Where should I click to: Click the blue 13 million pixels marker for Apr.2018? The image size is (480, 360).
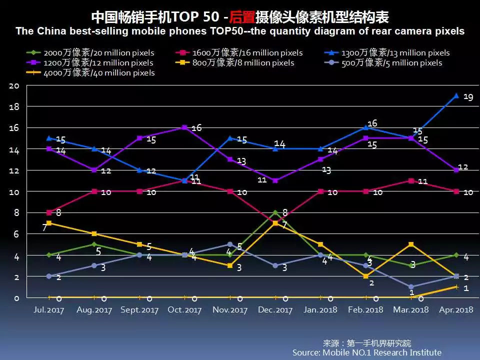point(456,95)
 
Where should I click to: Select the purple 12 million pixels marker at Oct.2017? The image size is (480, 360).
point(184,127)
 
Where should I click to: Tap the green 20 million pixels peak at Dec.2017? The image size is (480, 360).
point(275,212)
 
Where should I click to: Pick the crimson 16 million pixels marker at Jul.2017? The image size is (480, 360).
point(48,212)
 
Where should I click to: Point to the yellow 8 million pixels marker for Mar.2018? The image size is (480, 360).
point(411,244)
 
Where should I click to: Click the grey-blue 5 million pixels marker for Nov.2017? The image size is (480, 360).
point(230,244)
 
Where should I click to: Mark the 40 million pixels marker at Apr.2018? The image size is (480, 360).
point(456,286)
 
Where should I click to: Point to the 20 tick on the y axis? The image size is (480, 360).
point(14,85)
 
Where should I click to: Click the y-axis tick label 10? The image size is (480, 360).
point(14,192)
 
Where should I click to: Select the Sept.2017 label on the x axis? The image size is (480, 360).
point(139,310)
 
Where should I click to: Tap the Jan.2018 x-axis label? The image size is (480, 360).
point(320,310)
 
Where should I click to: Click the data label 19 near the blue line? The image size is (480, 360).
point(468,97)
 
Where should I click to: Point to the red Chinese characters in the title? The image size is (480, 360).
point(242,17)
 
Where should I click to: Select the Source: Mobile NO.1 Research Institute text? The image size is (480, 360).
point(367,352)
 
